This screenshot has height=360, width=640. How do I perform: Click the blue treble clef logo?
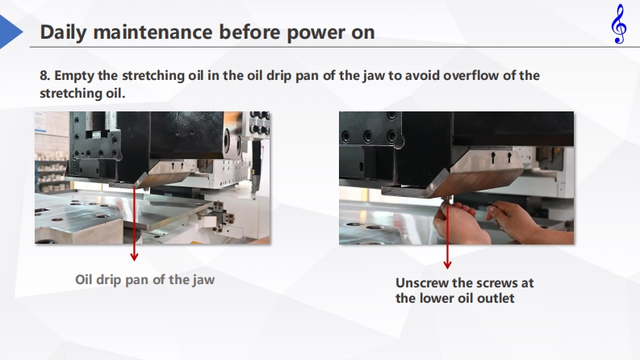point(619,23)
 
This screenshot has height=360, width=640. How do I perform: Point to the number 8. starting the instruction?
point(45,76)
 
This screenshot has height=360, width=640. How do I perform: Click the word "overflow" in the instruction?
point(471,76)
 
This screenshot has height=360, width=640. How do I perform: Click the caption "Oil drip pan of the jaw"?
point(145,279)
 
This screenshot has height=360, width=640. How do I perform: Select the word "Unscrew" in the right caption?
point(421,283)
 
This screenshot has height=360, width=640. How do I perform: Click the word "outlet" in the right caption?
point(496,299)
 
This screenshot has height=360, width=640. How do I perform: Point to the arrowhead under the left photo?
point(134,257)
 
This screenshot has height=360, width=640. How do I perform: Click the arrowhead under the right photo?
point(447,265)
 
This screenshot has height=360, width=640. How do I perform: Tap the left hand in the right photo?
point(460,224)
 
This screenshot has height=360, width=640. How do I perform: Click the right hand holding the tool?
point(526,223)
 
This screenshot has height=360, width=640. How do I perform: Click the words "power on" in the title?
point(331,32)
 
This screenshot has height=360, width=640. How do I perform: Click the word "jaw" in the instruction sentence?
point(374,77)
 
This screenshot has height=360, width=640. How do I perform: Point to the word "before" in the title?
point(250,31)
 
